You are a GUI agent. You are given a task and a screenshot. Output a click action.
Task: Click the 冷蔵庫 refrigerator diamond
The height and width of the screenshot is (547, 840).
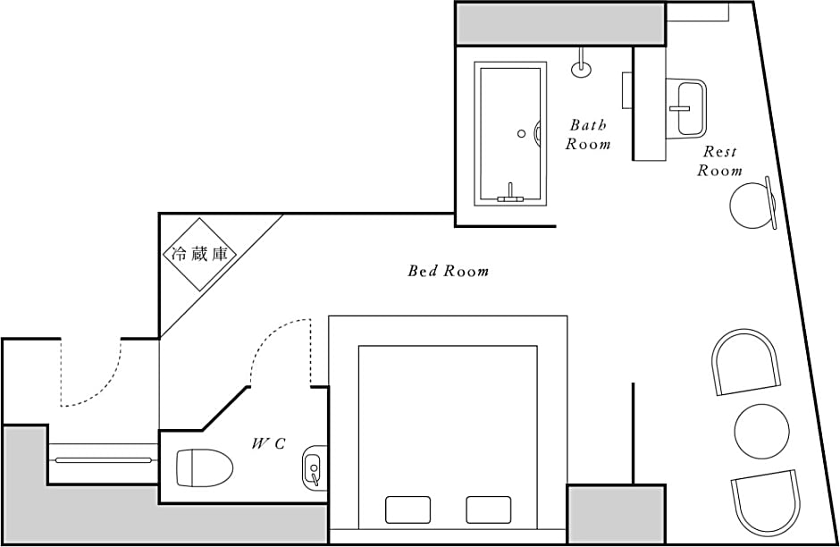pyautogui.click(x=200, y=254)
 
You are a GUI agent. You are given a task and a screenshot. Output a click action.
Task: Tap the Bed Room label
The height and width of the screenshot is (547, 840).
pyautogui.click(x=448, y=271)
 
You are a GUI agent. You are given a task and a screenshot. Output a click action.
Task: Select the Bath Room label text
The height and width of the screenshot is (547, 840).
pyautogui.click(x=588, y=134)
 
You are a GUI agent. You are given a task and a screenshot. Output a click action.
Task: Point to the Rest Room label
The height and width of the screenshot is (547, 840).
pyautogui.click(x=719, y=161)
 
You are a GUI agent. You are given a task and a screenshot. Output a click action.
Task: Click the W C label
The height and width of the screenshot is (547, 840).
pyautogui.click(x=268, y=443)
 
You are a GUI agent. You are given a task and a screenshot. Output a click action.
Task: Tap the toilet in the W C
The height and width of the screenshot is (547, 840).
pyautogui.click(x=204, y=467)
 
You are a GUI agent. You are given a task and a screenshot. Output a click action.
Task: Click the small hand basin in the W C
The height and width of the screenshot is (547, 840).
pyautogui.click(x=315, y=467)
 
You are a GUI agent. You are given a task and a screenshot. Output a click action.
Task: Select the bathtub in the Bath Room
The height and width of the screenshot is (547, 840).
pyautogui.click(x=510, y=134)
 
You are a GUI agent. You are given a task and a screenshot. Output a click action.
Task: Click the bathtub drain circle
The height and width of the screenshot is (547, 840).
pyautogui.click(x=521, y=134)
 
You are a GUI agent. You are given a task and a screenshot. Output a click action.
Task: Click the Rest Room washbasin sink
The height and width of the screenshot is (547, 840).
pyautogui.click(x=686, y=107)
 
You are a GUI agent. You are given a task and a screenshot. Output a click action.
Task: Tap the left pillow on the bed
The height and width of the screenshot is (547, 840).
pyautogui.click(x=407, y=509)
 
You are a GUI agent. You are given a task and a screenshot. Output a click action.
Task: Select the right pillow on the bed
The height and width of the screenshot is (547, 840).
pyautogui.click(x=488, y=509)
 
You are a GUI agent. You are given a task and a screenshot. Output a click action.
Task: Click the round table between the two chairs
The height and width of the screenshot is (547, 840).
pyautogui.click(x=761, y=432)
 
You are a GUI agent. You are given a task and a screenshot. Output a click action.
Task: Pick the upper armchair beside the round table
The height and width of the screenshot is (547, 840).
pyautogui.click(x=745, y=362)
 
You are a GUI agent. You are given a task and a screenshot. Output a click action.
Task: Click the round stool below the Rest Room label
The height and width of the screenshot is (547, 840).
pyautogui.click(x=752, y=206)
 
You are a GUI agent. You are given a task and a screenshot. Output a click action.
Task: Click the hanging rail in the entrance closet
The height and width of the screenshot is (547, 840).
pyautogui.click(x=104, y=459)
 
